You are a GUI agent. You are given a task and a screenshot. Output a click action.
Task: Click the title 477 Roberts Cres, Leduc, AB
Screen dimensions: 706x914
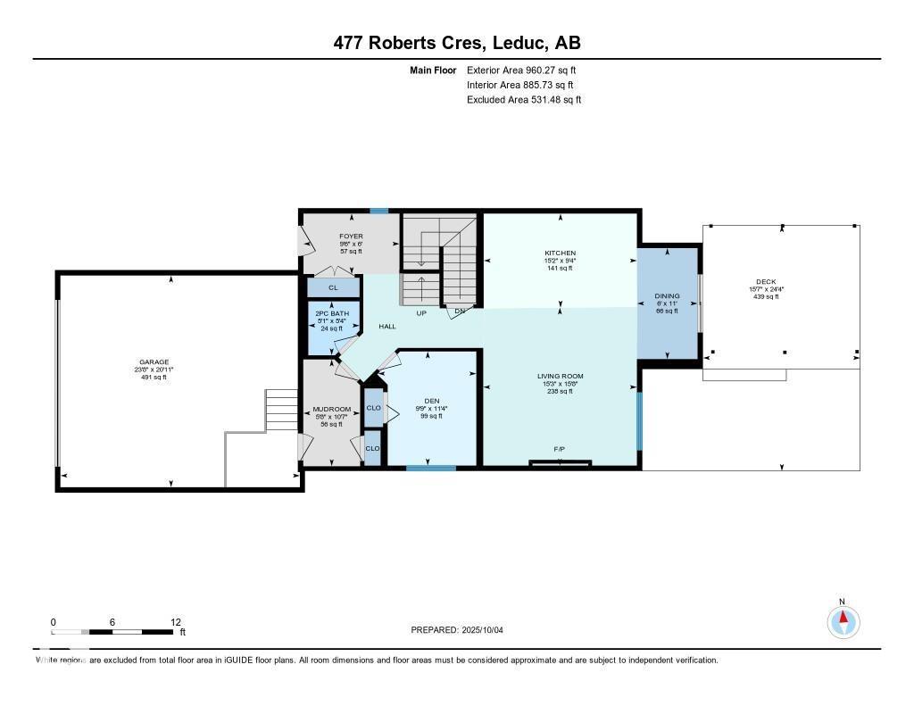[457, 43]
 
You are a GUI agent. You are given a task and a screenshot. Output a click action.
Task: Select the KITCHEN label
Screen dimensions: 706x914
[561, 253]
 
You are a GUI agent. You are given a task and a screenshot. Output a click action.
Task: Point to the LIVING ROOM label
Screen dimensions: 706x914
[561, 377]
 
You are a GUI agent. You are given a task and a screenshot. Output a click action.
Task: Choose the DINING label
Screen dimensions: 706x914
[667, 296]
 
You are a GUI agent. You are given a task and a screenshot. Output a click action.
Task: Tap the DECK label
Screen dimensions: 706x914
[765, 282]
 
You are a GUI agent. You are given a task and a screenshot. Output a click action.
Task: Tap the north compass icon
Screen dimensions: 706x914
[843, 619]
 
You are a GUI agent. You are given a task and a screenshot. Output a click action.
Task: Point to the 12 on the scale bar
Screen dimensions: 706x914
[176, 622]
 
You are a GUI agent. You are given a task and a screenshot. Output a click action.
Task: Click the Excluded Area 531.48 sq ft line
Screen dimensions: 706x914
[524, 100]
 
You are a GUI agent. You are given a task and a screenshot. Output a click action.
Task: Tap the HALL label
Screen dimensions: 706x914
[387, 327]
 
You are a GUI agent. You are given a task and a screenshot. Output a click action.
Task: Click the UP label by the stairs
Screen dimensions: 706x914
[420, 312]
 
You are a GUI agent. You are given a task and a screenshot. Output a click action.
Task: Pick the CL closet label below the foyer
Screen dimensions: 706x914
[333, 287]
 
